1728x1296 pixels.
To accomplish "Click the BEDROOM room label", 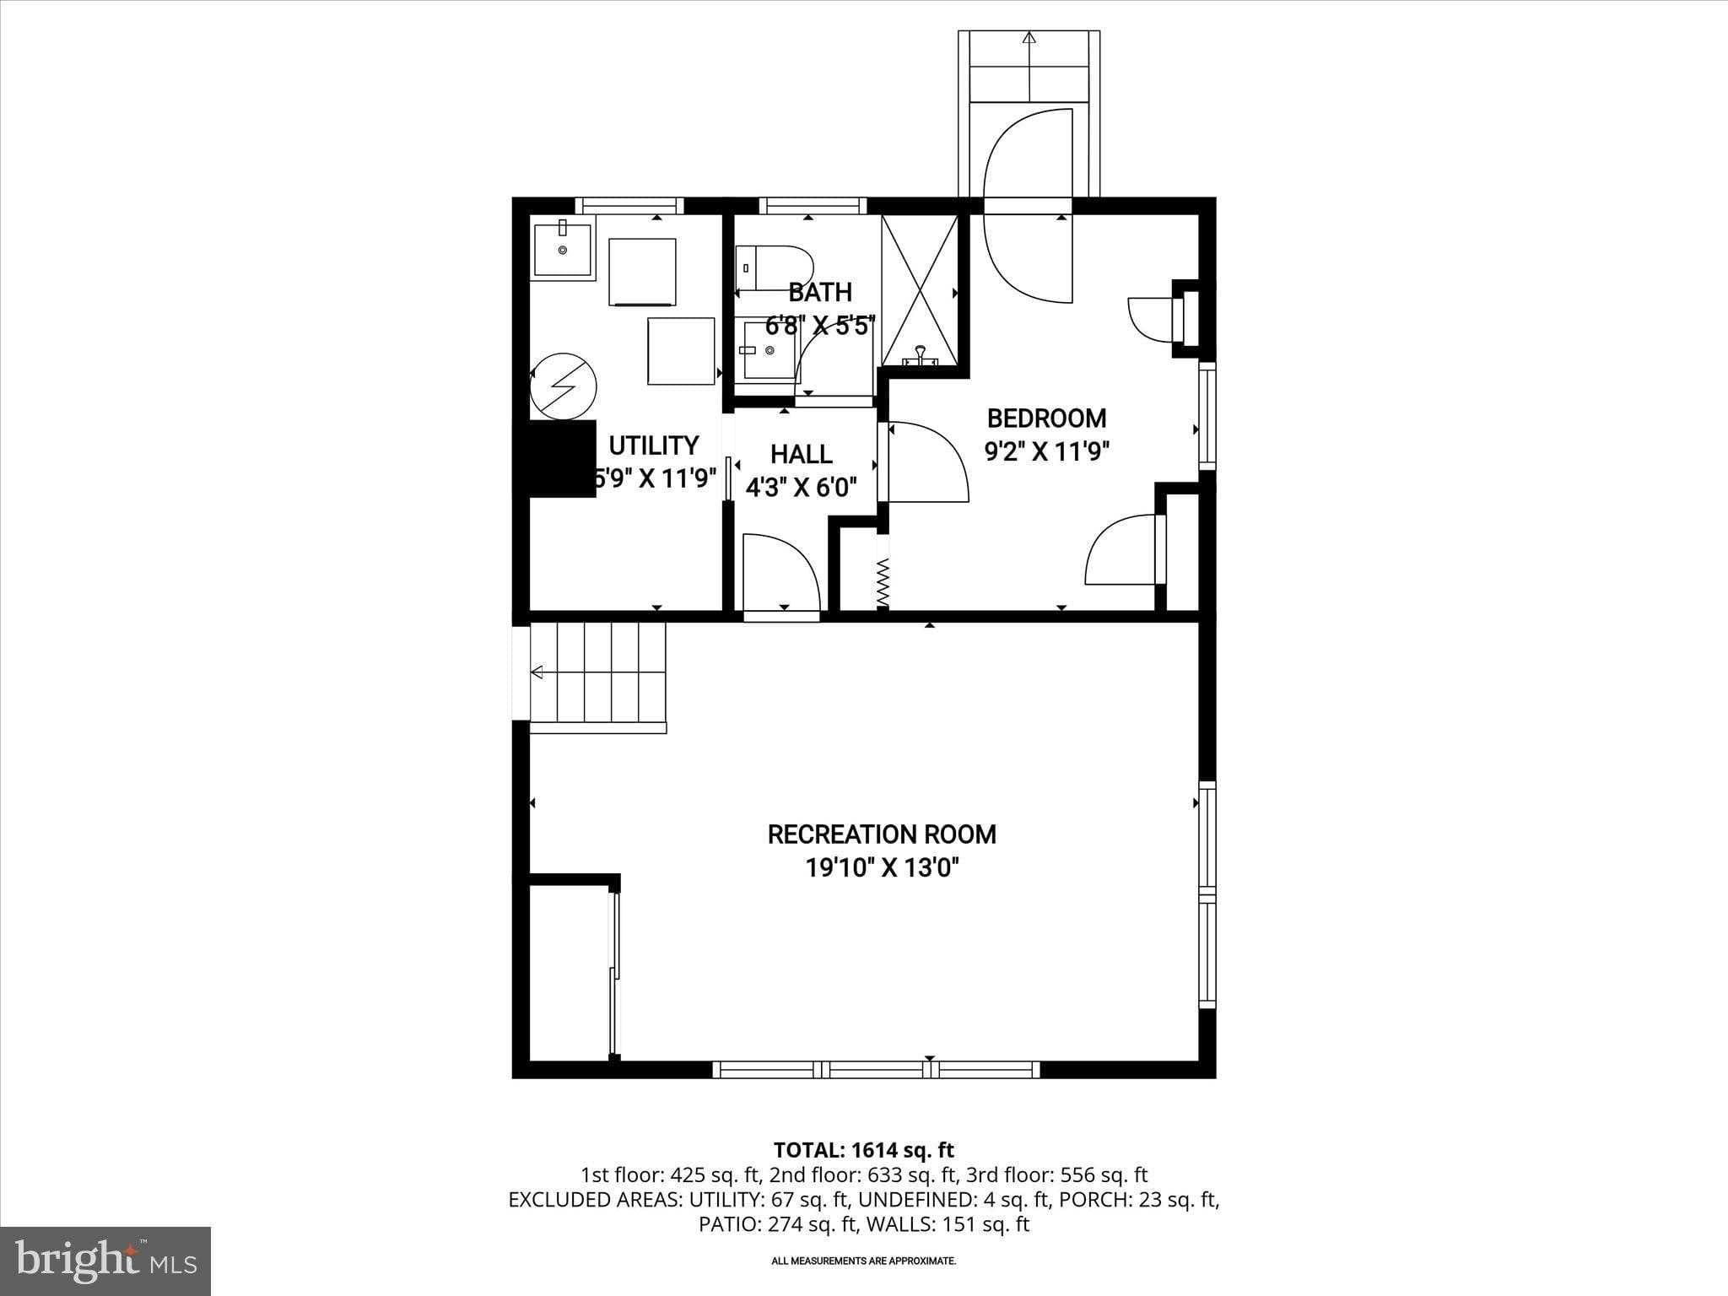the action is (x=1046, y=418).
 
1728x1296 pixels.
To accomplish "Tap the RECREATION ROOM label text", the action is (x=882, y=834).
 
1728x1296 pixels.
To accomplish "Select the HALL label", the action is (x=802, y=454).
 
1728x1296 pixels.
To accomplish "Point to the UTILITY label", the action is (x=654, y=445).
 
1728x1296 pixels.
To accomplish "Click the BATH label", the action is (x=820, y=293).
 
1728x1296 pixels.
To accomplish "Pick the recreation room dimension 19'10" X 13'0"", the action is (x=883, y=867).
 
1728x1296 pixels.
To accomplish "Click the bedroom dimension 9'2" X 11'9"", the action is (x=1046, y=451).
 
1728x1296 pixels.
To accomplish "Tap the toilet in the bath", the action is (x=774, y=268).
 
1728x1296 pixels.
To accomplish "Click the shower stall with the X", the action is (x=920, y=290).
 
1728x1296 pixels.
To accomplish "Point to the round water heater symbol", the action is (x=563, y=387).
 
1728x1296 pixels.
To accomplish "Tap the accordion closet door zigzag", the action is (x=883, y=582).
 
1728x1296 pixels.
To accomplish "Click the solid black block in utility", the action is (x=563, y=458).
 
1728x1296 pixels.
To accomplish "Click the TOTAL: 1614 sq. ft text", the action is (x=864, y=1149).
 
